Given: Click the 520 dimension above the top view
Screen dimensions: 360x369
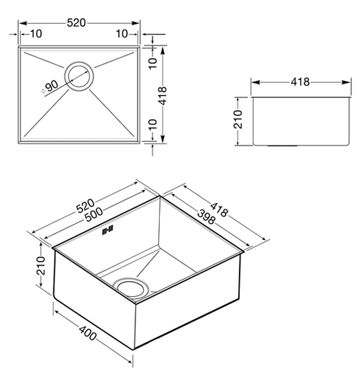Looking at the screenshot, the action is point(76,23).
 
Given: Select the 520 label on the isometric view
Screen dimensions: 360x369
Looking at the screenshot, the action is point(86,206).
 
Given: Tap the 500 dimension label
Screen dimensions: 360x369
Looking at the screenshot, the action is point(94,215).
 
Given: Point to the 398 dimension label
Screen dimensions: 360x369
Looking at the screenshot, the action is point(206,217).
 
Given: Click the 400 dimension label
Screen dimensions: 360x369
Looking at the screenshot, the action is point(88,333).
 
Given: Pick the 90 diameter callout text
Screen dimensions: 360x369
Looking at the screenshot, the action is point(52,86).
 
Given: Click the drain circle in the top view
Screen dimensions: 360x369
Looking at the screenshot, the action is point(79,76).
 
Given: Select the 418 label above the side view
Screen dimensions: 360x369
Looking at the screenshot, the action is point(300,82).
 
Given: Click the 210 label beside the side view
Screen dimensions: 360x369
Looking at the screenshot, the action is point(238,120).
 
